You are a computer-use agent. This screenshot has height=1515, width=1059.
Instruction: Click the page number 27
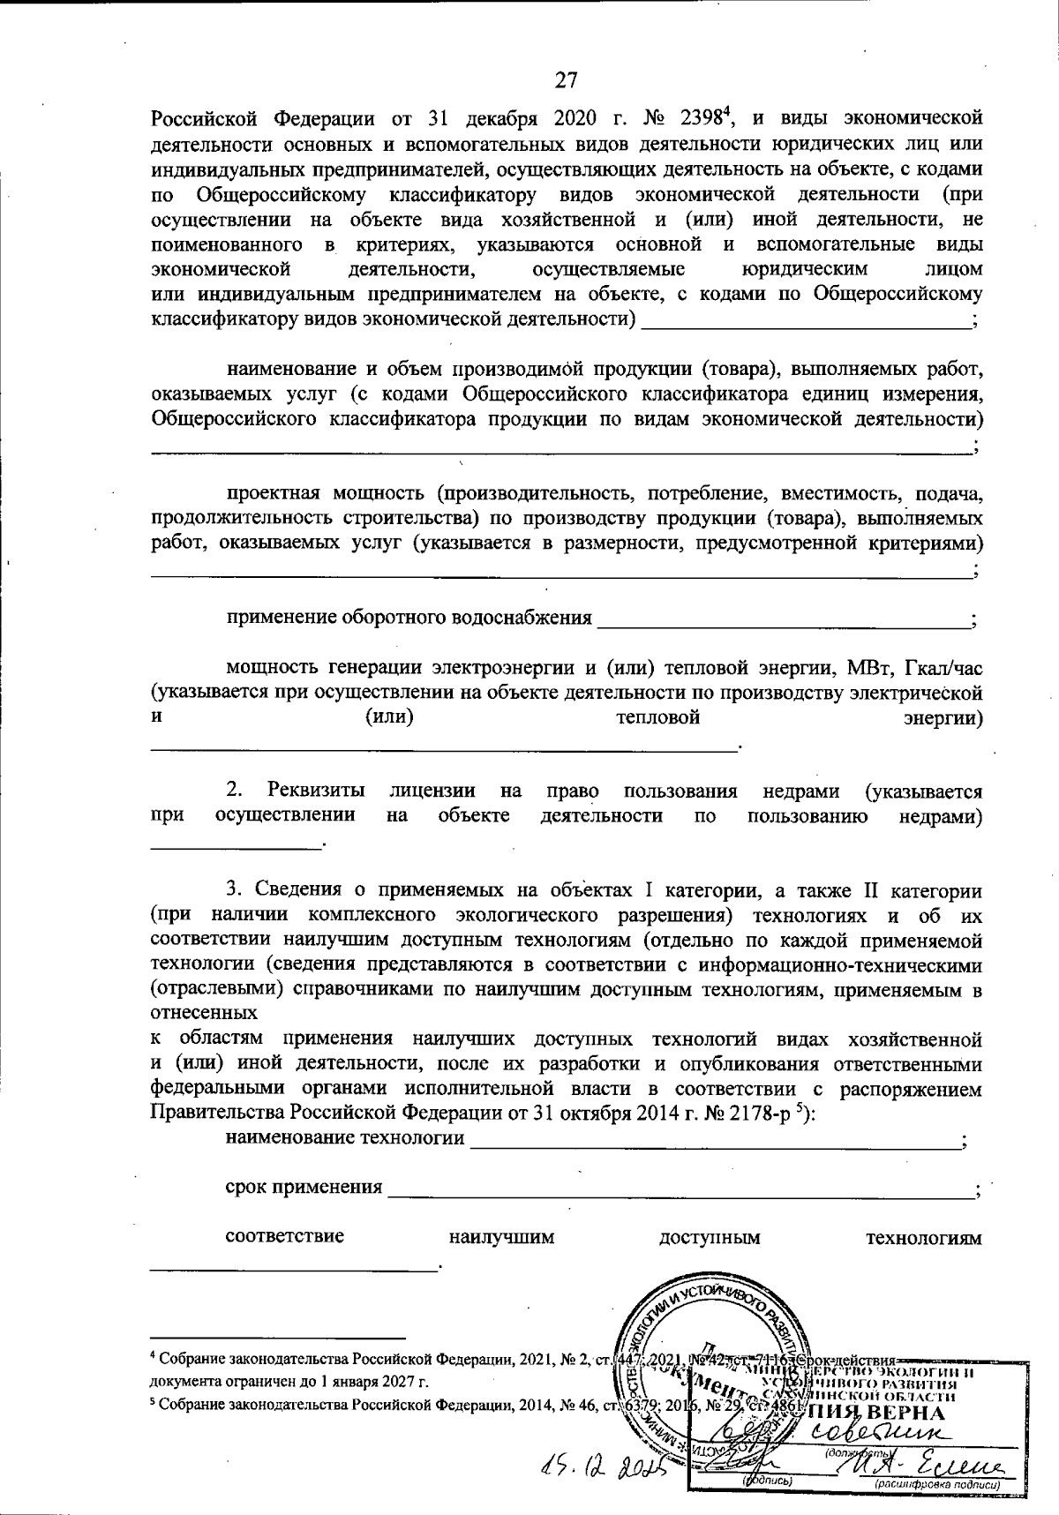coord(566,80)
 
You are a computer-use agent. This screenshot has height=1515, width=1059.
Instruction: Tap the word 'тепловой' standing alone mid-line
coord(657,716)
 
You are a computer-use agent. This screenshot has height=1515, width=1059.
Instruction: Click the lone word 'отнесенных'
coord(203,1013)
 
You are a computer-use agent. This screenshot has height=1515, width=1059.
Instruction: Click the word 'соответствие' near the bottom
coord(285,1237)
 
